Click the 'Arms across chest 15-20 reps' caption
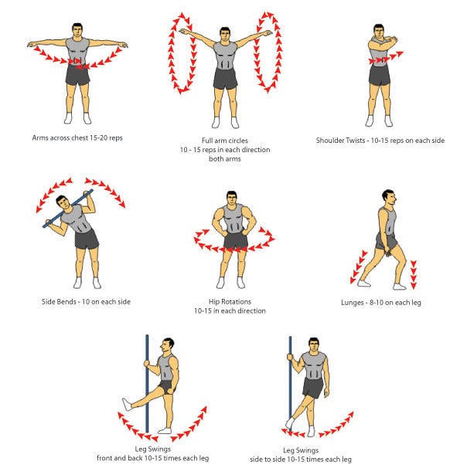point(77,137)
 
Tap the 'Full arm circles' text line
point(225,141)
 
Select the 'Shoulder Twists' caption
point(340,141)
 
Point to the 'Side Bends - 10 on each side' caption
point(86,302)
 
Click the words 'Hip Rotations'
point(230,302)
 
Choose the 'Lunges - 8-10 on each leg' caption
point(381,302)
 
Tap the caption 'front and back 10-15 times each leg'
point(153,458)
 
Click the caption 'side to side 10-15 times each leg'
point(301,460)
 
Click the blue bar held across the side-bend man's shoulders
point(67,209)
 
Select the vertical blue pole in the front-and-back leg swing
point(147,384)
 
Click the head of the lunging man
point(388,198)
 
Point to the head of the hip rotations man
point(232,198)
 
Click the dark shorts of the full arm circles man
point(225,79)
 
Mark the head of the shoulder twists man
point(378,32)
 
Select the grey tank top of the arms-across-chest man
point(77,51)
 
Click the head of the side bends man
point(63,202)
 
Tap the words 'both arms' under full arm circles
point(225,159)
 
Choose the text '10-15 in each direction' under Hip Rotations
point(230,310)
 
